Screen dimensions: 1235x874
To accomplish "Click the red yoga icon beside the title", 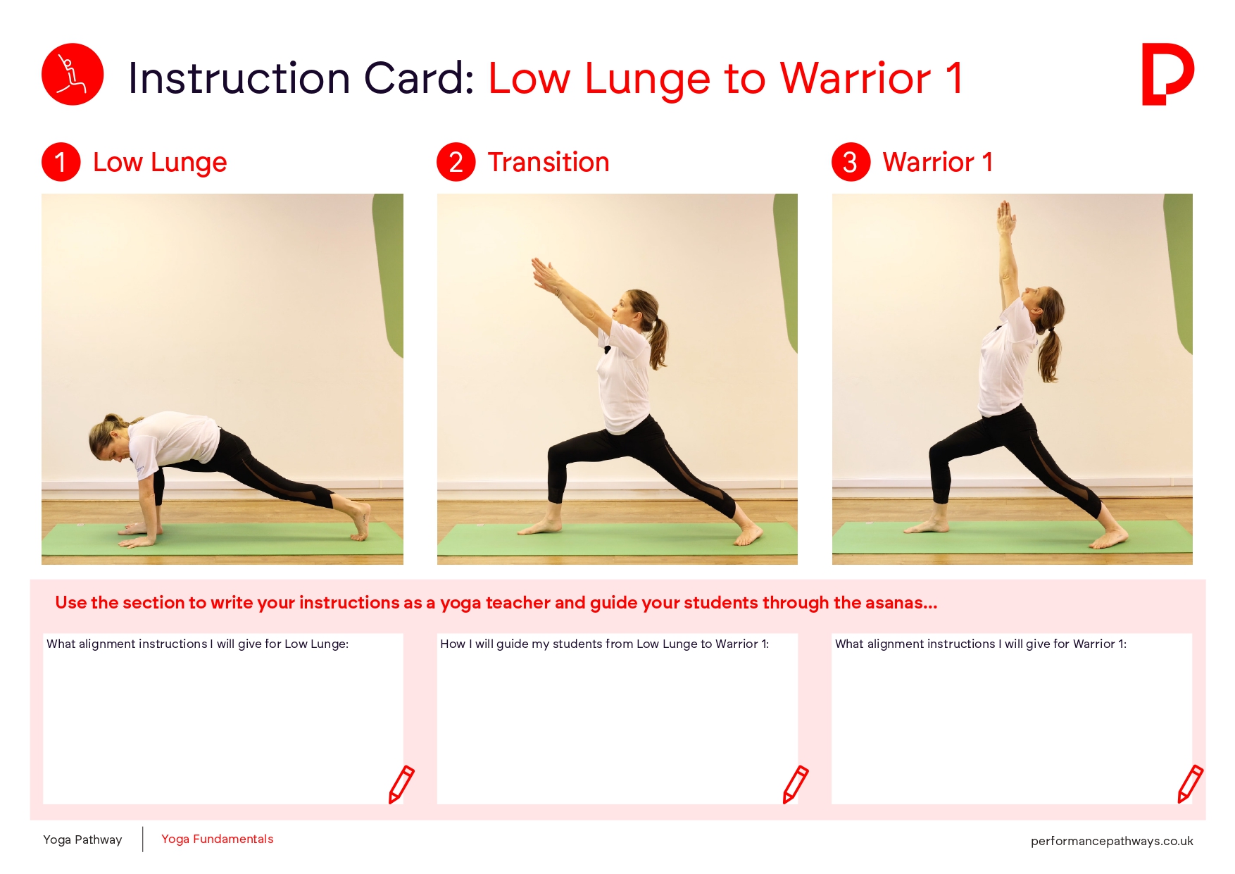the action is [73, 75].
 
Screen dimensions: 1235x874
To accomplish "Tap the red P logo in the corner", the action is [1167, 74].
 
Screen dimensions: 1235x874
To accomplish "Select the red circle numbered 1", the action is [61, 162].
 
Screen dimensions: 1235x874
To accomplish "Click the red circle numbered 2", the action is [456, 162].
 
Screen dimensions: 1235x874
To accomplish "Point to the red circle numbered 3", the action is [851, 162].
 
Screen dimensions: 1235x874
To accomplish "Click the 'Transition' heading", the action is [548, 162].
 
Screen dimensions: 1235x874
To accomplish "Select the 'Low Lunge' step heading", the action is [160, 163].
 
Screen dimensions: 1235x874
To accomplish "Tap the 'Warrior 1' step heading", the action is [938, 162].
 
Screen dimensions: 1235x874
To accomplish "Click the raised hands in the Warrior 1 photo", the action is [1006, 217].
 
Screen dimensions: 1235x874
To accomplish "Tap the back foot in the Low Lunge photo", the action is [361, 522].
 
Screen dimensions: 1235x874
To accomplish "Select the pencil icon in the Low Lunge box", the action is [401, 784].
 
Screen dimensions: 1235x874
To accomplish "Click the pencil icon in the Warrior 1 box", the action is [1190, 784].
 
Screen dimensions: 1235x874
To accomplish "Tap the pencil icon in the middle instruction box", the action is [796, 784].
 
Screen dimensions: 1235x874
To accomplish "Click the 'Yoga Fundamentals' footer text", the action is [217, 839].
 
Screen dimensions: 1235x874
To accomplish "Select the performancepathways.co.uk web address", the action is [1112, 841].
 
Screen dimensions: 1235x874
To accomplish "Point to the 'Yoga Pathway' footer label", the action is [82, 839].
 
